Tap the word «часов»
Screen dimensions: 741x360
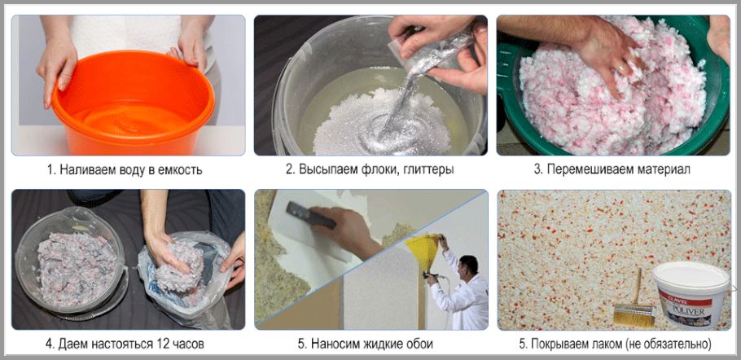tap(187, 344)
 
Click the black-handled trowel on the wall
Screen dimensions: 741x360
tap(311, 216)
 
